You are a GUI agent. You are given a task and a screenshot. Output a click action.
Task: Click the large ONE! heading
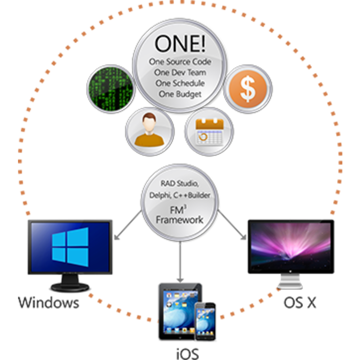pyautogui.click(x=179, y=43)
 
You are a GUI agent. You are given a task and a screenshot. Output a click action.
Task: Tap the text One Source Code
pyautogui.click(x=180, y=62)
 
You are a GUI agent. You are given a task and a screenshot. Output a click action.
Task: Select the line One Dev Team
pyautogui.click(x=180, y=72)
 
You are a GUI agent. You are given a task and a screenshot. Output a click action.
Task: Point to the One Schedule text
pyautogui.click(x=180, y=83)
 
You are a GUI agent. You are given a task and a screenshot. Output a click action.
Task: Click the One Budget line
pyautogui.click(x=180, y=94)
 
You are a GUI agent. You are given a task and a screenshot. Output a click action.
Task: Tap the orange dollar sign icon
pyautogui.click(x=248, y=88)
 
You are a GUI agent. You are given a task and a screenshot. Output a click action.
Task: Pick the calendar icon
pyautogui.click(x=209, y=131)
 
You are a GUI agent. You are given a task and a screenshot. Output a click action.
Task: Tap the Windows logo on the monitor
pyautogui.click(x=70, y=245)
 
